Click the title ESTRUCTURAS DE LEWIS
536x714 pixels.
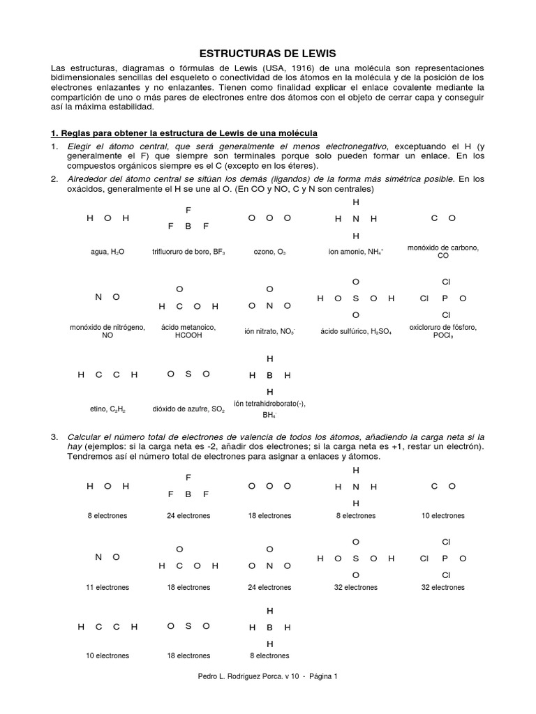(267, 53)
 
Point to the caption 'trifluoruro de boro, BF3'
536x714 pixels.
(188, 252)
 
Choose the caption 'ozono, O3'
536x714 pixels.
(269, 252)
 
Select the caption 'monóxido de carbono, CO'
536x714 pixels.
(442, 252)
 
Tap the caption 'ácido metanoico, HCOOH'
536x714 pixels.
(188, 331)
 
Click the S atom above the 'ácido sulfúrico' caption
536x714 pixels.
(355, 298)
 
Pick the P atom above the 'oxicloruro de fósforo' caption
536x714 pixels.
(445, 298)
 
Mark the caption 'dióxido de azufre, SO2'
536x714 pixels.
(188, 409)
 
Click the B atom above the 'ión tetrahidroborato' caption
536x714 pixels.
(269, 375)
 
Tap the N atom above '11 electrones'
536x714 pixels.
(98, 556)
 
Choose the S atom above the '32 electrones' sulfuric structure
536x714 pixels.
(355, 558)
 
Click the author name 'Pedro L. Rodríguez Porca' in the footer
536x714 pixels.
(237, 676)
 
